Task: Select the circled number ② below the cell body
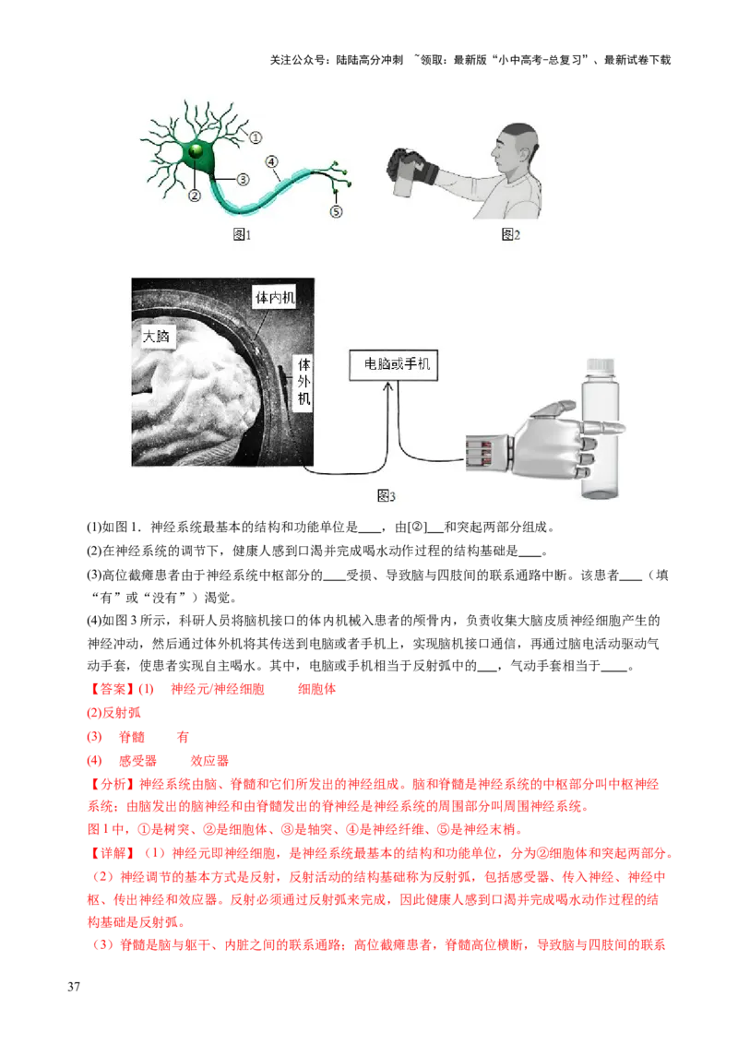click(x=195, y=196)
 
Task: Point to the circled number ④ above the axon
click(x=273, y=161)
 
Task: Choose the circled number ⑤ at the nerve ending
click(x=336, y=211)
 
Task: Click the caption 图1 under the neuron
click(x=241, y=235)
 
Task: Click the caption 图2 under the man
click(x=511, y=235)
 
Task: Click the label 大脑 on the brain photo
click(x=157, y=337)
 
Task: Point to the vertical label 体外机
click(x=304, y=382)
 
